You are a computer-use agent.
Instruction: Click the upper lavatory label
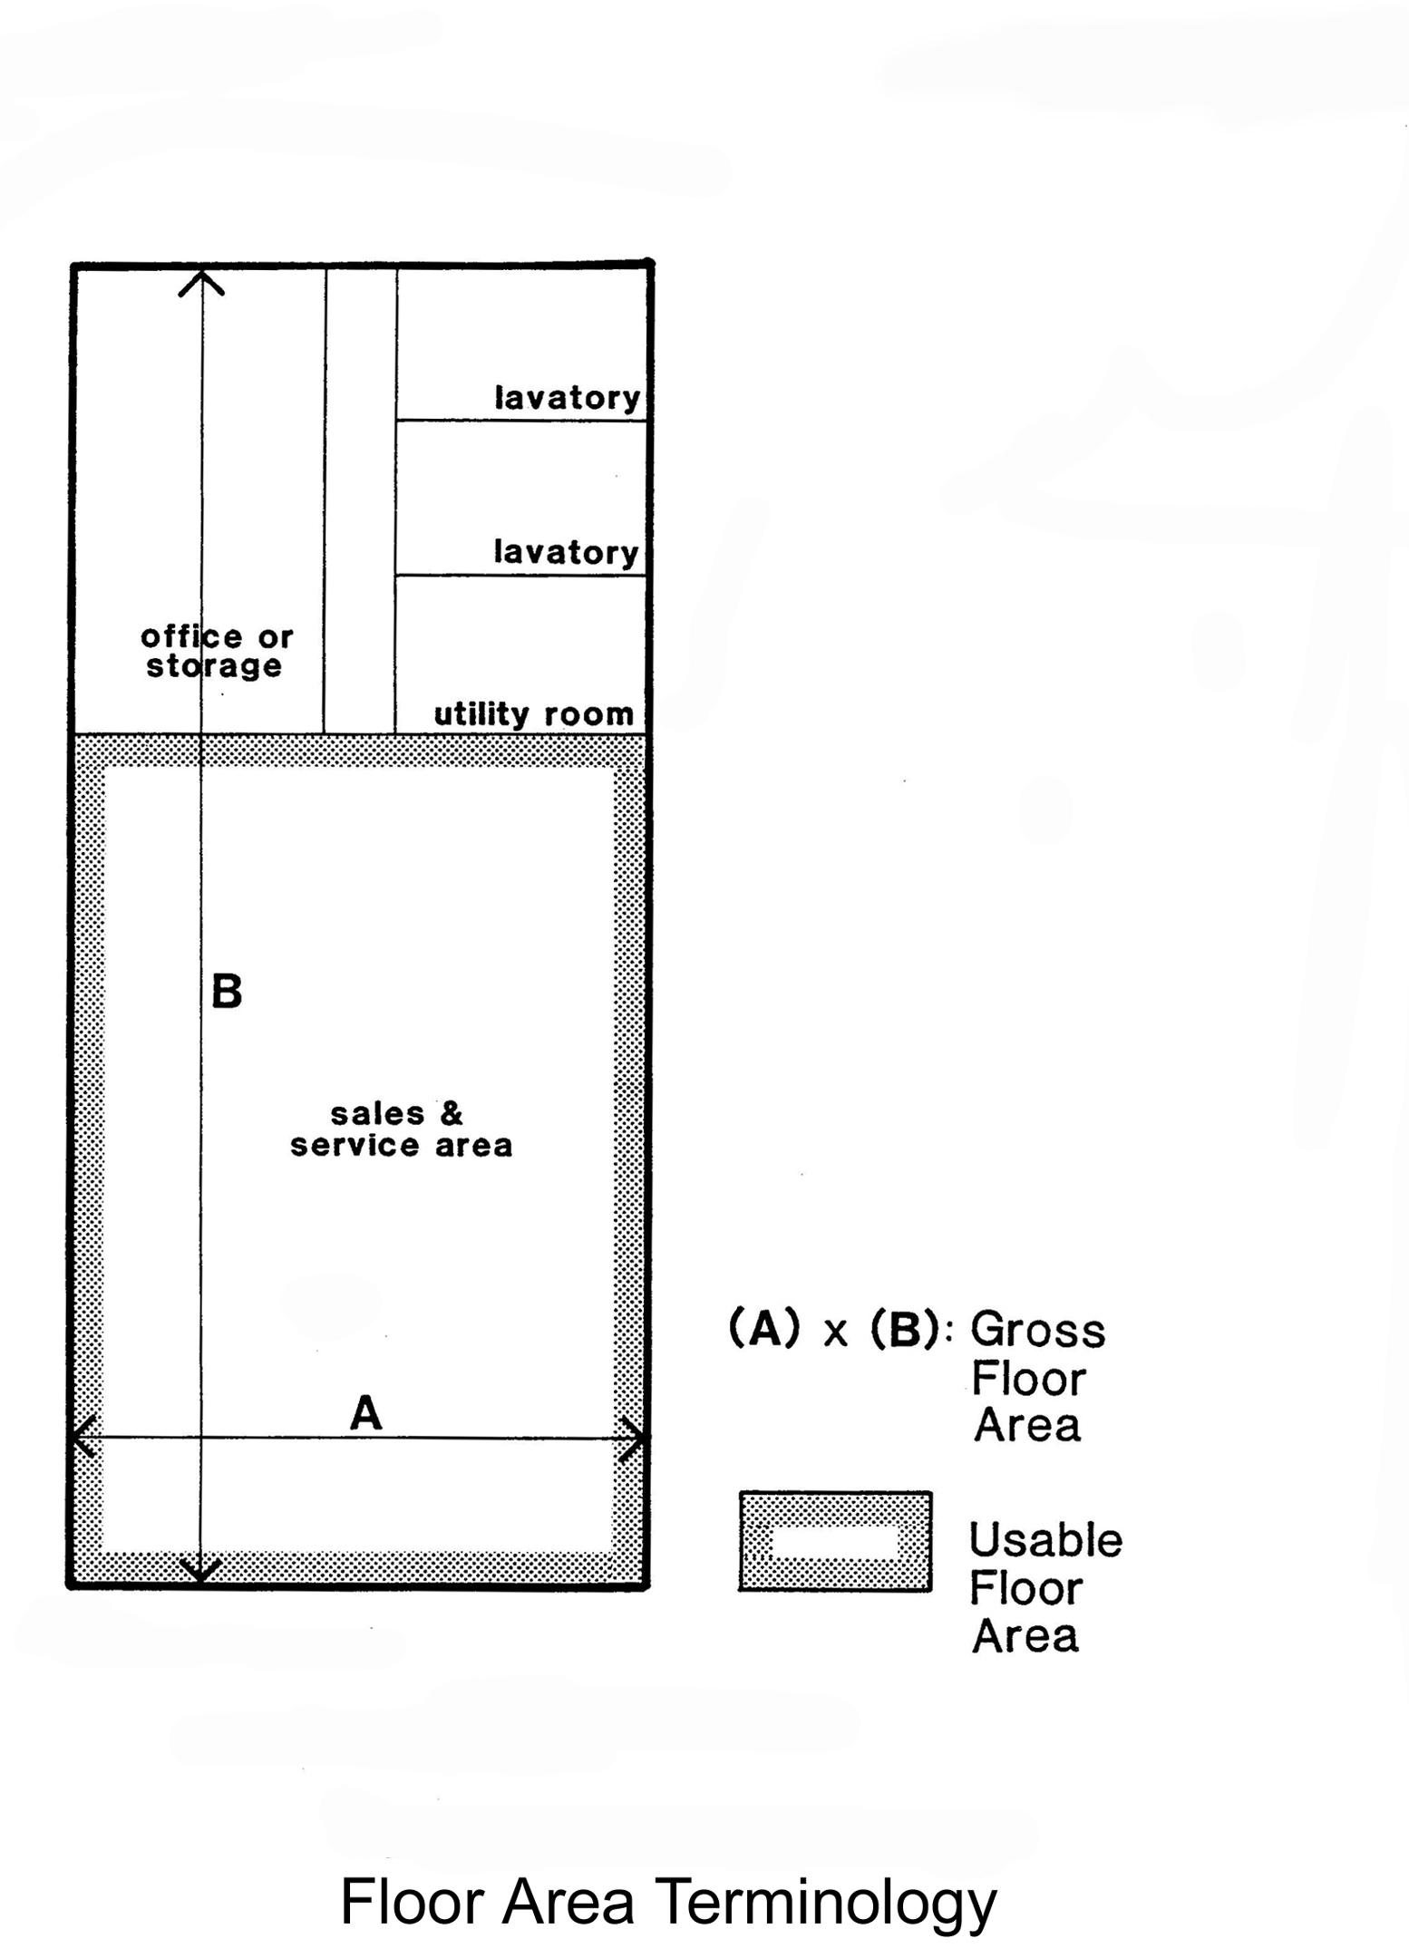tap(568, 398)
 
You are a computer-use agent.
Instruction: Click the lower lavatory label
tap(567, 552)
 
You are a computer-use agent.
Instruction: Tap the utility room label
tap(533, 714)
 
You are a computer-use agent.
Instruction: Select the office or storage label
tap(217, 652)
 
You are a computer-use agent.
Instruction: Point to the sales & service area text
tap(401, 1129)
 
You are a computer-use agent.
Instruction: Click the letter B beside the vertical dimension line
tap(227, 991)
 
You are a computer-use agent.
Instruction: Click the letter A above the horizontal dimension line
tap(365, 1413)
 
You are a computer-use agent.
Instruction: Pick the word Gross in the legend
tap(1038, 1331)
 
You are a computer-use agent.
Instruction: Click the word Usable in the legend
tap(1045, 1540)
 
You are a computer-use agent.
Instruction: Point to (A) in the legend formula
tap(765, 1329)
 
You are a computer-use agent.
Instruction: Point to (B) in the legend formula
tap(905, 1329)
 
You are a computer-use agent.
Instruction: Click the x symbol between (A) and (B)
tap(835, 1333)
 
